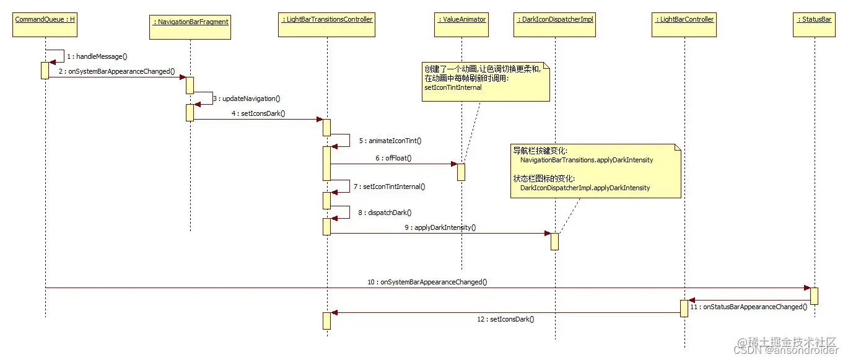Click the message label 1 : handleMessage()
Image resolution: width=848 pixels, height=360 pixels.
coord(97,56)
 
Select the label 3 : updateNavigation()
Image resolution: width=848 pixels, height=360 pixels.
coord(247,99)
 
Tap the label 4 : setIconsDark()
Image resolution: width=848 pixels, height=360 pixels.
coord(258,113)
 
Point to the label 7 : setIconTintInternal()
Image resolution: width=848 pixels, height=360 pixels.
coord(390,186)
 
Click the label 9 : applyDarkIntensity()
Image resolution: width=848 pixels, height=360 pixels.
coord(440,227)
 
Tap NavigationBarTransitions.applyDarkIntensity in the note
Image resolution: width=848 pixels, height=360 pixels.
coord(587,160)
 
